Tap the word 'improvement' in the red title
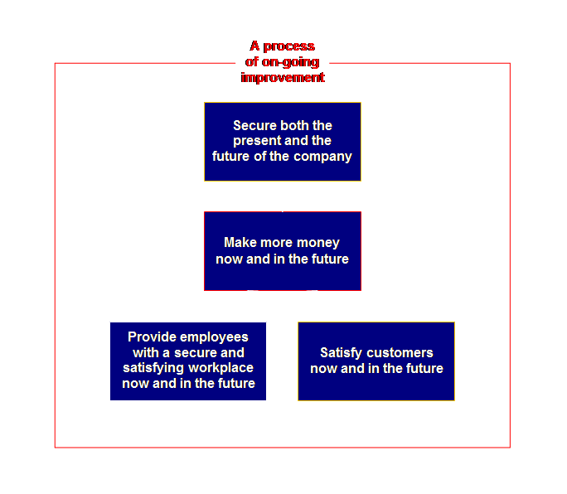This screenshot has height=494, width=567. click(x=283, y=77)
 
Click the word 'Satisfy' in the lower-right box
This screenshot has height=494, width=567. click(x=341, y=353)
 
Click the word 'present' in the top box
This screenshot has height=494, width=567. click(x=257, y=141)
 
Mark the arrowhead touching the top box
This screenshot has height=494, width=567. click(x=283, y=186)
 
